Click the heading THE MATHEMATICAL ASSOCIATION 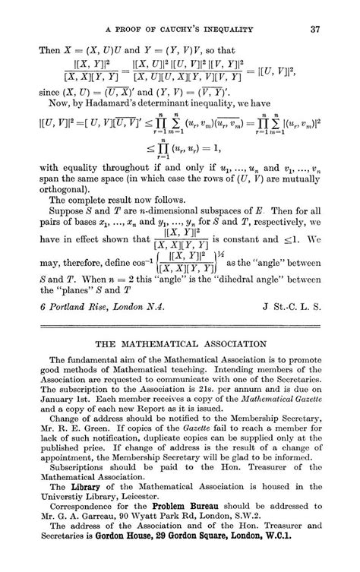coord(179,343)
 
